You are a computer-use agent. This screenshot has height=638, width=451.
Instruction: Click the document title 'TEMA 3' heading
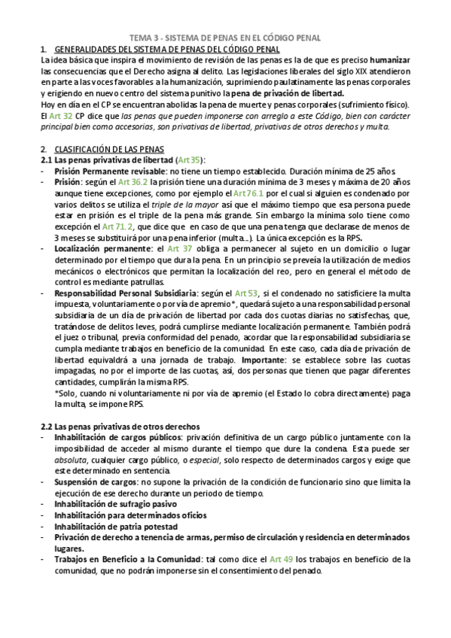[225, 37]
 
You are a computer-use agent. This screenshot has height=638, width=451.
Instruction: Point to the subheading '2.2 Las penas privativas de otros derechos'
[120, 427]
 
